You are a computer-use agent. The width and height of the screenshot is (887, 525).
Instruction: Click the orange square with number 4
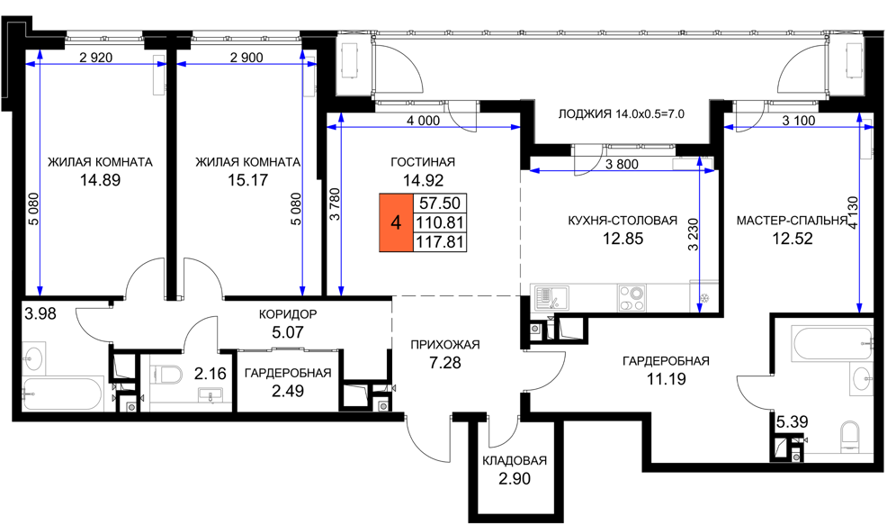pyautogui.click(x=396, y=222)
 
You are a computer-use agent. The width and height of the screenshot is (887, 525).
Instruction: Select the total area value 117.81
pyautogui.click(x=440, y=242)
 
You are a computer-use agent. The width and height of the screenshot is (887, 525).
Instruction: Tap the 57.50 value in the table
pyautogui.click(x=440, y=203)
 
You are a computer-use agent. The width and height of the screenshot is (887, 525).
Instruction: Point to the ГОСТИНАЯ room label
pyautogui.click(x=423, y=162)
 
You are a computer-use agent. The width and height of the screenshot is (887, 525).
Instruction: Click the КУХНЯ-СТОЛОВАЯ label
pyautogui.click(x=623, y=221)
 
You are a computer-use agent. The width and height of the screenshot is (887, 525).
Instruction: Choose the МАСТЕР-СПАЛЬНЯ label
pyautogui.click(x=792, y=221)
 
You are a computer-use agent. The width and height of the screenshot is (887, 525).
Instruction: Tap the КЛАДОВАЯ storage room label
pyautogui.click(x=515, y=460)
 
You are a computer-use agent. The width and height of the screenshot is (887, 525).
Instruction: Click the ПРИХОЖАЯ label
pyautogui.click(x=444, y=345)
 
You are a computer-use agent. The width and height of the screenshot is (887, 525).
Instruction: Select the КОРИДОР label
pyautogui.click(x=287, y=313)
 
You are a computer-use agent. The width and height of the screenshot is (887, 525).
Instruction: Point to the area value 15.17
pyautogui.click(x=247, y=180)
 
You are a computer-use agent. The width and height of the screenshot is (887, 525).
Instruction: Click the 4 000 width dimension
pyautogui.click(x=423, y=120)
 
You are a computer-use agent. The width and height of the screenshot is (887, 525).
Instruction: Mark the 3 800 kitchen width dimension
pyautogui.click(x=621, y=165)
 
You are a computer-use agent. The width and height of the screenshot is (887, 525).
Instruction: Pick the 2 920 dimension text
pyautogui.click(x=95, y=58)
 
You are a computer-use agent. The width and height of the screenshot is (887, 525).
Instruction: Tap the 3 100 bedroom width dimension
pyautogui.click(x=798, y=120)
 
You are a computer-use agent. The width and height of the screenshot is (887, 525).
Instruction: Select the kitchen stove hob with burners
pyautogui.click(x=632, y=298)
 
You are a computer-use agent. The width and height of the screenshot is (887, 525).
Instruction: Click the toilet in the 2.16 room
pyautogui.click(x=166, y=374)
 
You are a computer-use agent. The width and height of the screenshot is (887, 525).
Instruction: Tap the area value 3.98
pyautogui.click(x=40, y=313)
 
